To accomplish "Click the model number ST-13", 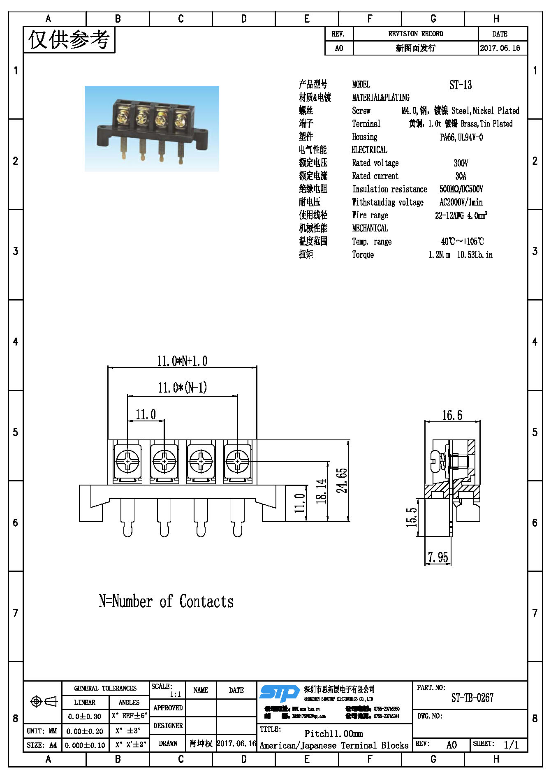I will pyautogui.click(x=460, y=85).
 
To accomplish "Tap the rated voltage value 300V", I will pyautogui.click(x=461, y=163).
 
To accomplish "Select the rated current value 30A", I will pyautogui.click(x=461, y=176).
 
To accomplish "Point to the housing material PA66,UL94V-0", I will pyautogui.click(x=461, y=137).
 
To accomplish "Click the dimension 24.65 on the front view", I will pyautogui.click(x=342, y=480).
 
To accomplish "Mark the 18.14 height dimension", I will pyautogui.click(x=321, y=491).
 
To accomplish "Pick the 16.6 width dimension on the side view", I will pyautogui.click(x=452, y=415).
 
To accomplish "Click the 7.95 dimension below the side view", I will pyautogui.click(x=438, y=557).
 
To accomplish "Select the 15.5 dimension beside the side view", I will pyautogui.click(x=412, y=517).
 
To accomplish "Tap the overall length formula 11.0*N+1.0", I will pyautogui.click(x=182, y=361).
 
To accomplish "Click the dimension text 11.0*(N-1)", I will pyautogui.click(x=182, y=387).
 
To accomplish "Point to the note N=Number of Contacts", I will pyautogui.click(x=166, y=601).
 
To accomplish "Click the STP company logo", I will pyautogui.click(x=279, y=693).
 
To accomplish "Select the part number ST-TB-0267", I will pyautogui.click(x=472, y=698).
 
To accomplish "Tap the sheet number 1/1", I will pyautogui.click(x=511, y=744).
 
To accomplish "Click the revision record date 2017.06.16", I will pyautogui.click(x=500, y=48).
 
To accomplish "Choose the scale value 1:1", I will pyautogui.click(x=176, y=694).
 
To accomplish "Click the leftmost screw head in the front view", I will pyautogui.click(x=127, y=461).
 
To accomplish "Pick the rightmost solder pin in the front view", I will pyautogui.click(x=237, y=518).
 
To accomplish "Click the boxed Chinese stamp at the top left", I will pyautogui.click(x=69, y=40).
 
